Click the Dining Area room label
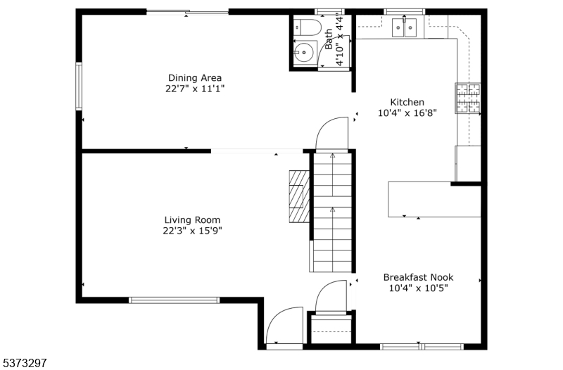pos(195,78)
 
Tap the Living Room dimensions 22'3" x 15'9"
pos(192,231)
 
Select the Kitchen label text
pos(407,102)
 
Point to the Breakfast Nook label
pos(418,277)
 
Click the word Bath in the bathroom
pos(329,39)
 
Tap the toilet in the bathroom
pos(307,27)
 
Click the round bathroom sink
pos(304,53)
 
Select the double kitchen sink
pos(404,27)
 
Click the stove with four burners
pos(468,98)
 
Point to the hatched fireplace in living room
pos(300,196)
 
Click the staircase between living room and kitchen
pos(332,212)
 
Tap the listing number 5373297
pos(24,363)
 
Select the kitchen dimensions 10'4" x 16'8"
pos(407,113)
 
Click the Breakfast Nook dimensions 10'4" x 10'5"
pos(418,288)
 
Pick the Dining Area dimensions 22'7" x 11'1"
pos(195,89)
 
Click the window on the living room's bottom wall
pos(174,300)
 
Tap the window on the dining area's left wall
pos(79,86)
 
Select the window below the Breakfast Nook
pos(422,346)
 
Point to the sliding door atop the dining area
pos(187,12)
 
